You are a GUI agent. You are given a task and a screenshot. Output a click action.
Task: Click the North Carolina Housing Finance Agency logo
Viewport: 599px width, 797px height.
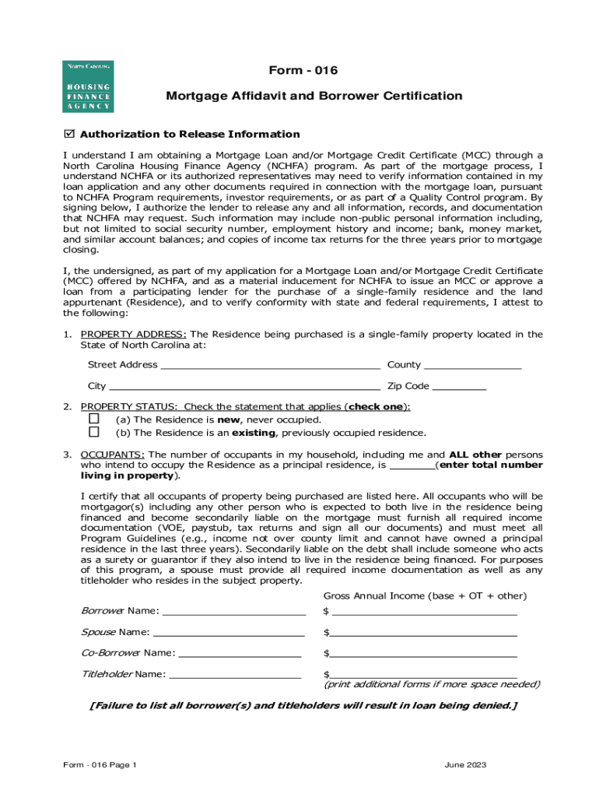(x=88, y=86)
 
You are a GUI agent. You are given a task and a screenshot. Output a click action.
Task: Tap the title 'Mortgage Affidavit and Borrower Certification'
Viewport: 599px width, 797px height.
(x=314, y=96)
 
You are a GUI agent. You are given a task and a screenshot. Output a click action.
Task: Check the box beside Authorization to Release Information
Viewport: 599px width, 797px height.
(x=68, y=134)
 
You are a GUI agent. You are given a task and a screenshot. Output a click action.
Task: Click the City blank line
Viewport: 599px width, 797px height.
(x=244, y=386)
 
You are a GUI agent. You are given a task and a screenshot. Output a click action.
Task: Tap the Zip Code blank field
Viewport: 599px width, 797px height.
(x=459, y=386)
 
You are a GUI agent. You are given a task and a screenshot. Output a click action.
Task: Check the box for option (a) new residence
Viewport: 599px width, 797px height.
(x=94, y=419)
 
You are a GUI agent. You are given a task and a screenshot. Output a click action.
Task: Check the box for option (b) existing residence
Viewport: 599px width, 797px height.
(x=94, y=432)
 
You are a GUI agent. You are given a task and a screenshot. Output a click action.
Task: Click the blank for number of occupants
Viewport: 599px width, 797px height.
(x=412, y=465)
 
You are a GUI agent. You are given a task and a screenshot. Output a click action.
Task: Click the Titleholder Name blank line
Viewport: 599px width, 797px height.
(x=235, y=674)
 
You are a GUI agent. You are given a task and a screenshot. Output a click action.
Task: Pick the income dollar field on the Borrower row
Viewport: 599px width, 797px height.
(x=424, y=610)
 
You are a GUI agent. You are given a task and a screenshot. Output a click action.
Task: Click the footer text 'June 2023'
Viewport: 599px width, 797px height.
(x=465, y=765)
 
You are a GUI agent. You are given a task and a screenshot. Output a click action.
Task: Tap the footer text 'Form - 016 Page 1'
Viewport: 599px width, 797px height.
(x=100, y=765)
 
